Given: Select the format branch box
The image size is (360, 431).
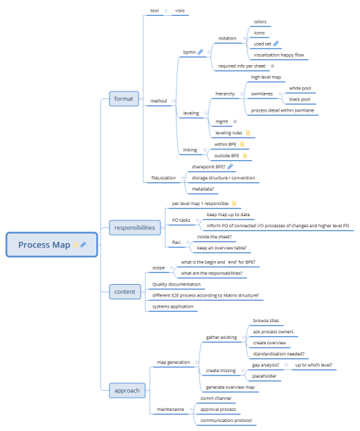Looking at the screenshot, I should (125, 98).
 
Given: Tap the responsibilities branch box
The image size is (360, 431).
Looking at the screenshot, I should (134, 227).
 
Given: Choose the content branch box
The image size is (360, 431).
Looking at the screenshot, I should (125, 292).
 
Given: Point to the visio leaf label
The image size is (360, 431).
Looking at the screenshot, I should (180, 11).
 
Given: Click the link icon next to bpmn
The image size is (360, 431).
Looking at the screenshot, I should (201, 51).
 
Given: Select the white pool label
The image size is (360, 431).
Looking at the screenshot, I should (300, 88).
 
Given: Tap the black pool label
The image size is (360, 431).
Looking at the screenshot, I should (300, 99).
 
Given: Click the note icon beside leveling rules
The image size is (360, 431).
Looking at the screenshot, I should (248, 132).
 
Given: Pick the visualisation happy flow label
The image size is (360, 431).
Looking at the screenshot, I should (279, 54).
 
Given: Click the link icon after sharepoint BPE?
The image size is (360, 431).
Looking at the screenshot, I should (230, 167).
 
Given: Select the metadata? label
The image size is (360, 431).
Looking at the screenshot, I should (203, 188).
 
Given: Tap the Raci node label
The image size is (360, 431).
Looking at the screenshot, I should (177, 243).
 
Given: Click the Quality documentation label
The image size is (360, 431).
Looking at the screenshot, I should (177, 284).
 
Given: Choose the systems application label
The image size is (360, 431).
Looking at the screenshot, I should (173, 306).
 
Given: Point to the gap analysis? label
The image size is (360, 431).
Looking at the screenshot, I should (266, 364).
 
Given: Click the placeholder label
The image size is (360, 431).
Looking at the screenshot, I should (264, 376).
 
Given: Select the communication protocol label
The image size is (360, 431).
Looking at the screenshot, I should (227, 421).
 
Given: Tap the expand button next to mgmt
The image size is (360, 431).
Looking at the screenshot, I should (235, 121).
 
